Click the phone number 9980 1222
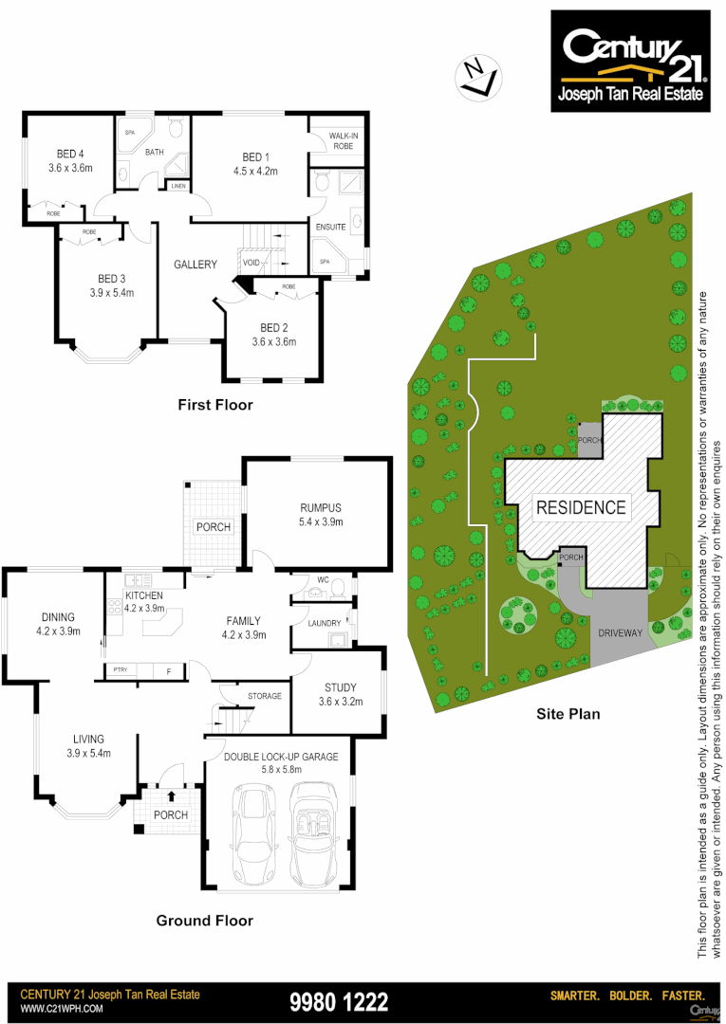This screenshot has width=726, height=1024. click(x=338, y=1001)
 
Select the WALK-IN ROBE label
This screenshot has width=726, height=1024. click(x=342, y=141)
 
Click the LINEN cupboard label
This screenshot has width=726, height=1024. click(x=178, y=186)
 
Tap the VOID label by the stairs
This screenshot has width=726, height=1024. click(x=251, y=263)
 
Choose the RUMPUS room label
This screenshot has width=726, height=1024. click(x=320, y=507)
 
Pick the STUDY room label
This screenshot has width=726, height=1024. click(x=339, y=687)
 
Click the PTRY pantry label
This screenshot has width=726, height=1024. click(x=120, y=670)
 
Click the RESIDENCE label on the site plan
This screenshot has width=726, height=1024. click(x=581, y=507)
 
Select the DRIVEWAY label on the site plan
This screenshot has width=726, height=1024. click(x=621, y=631)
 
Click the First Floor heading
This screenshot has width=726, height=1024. click(x=215, y=405)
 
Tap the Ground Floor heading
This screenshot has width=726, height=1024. click(x=204, y=920)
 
